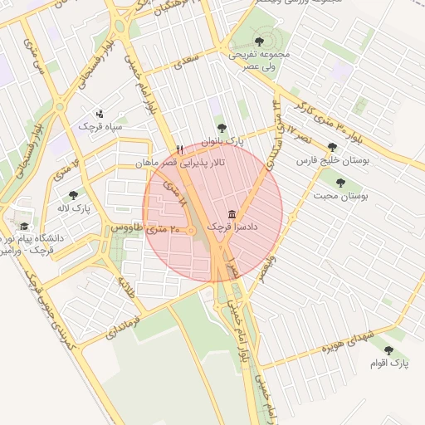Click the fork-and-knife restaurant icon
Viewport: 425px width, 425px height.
[180, 149]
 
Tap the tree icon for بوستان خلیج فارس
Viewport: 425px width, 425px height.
[333, 147]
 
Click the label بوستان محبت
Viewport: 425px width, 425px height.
[340, 196]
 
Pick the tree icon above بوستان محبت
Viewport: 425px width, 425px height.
[340, 183]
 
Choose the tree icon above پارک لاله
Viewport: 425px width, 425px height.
[73, 195]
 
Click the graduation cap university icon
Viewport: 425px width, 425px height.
[24, 225]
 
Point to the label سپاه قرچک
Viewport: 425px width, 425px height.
[100, 127]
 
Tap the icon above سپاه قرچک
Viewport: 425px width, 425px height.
[100, 113]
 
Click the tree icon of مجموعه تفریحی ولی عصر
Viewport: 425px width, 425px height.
[260, 41]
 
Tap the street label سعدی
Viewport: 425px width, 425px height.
[191, 60]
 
